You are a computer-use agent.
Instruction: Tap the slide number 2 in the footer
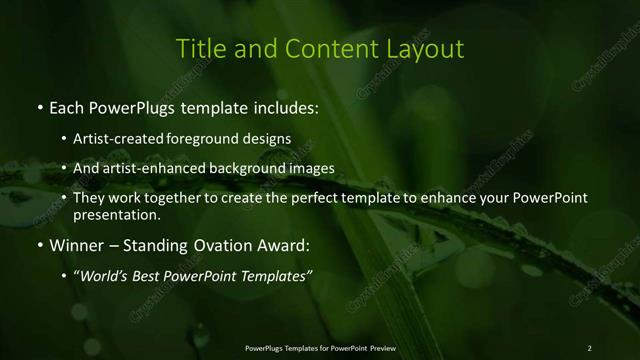click(x=589, y=347)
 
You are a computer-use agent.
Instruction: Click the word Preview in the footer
click(x=381, y=347)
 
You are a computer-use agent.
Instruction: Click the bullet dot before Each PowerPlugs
click(x=39, y=106)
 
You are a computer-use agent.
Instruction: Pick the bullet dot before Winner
click(x=39, y=245)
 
